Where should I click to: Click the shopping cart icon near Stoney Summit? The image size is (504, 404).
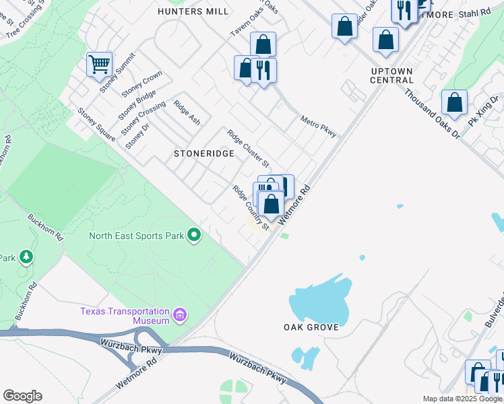tap(99, 65)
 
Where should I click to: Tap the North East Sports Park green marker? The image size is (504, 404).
tap(194, 236)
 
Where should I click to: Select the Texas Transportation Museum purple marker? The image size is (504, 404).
tap(180, 315)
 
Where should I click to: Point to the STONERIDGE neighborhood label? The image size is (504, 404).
tap(203, 154)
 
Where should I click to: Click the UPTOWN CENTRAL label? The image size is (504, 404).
tap(391, 75)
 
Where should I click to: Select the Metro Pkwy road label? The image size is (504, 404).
tap(318, 126)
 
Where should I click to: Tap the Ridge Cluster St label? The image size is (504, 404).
tap(248, 149)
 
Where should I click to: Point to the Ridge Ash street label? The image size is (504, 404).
tap(187, 112)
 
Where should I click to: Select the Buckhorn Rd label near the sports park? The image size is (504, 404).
tap(45, 228)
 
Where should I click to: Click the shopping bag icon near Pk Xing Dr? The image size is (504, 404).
tap(455, 103)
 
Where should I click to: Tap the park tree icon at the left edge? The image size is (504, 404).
tap(26, 257)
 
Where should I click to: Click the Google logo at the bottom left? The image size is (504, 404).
tap(22, 396)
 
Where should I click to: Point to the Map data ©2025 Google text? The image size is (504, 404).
tap(462, 399)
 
